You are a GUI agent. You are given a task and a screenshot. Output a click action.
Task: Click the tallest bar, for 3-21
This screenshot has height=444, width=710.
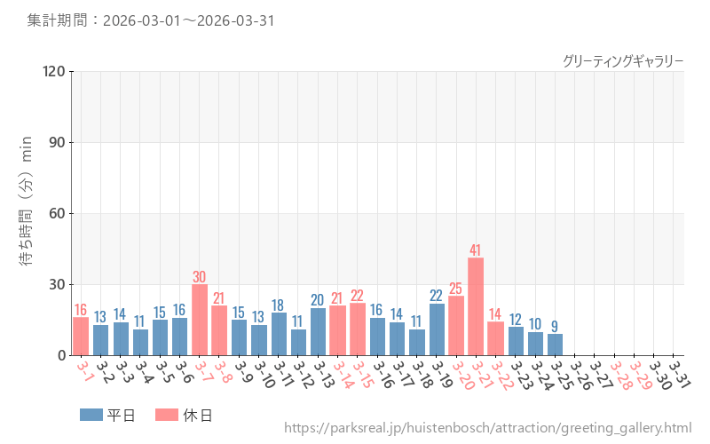point(476,306)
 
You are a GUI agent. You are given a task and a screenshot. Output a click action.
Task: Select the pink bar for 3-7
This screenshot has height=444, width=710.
point(200,320)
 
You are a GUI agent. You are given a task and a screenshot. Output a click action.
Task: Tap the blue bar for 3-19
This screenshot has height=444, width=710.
point(437,329)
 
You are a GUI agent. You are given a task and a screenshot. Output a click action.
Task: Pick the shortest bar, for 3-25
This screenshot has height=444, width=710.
point(555,345)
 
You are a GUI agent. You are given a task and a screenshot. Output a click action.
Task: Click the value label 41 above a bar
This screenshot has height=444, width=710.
point(476,250)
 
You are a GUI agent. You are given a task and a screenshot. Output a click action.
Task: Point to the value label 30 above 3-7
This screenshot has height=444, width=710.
point(200,276)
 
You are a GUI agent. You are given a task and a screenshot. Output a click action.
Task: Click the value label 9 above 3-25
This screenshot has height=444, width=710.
point(555,326)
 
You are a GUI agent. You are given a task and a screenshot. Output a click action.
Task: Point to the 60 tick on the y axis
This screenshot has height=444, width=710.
point(57,213)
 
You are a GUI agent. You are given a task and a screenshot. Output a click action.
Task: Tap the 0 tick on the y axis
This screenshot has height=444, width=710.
point(61,355)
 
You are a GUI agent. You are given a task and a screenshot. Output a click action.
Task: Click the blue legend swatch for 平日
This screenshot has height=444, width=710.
point(91,415)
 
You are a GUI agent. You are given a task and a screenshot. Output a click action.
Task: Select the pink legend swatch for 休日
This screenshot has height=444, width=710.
point(167,415)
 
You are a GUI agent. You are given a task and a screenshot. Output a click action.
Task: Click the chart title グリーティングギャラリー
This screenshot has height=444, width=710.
point(623,60)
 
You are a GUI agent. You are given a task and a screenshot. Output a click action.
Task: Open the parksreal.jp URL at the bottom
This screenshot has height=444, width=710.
point(487,428)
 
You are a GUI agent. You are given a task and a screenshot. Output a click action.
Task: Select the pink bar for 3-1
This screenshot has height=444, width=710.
point(81,336)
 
